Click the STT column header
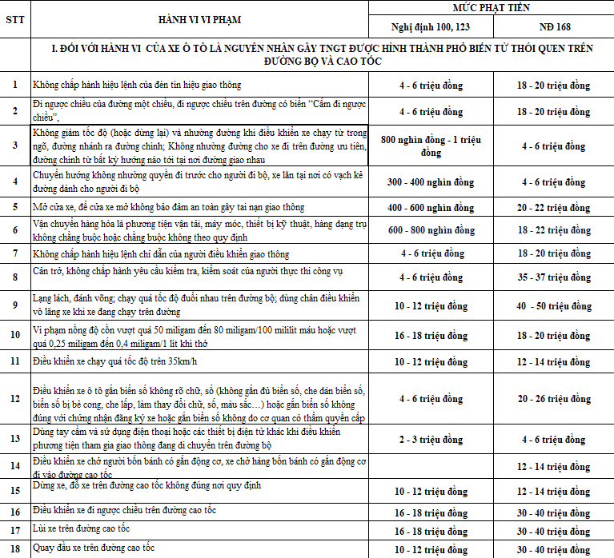(14, 20)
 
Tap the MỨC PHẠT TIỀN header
(491, 7)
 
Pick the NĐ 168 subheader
(553, 26)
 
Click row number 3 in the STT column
(14, 145)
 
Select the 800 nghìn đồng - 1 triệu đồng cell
(430, 145)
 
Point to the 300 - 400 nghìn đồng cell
(430, 181)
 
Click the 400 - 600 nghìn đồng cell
(430, 207)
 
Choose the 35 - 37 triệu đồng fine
(553, 277)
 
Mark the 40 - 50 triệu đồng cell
(553, 306)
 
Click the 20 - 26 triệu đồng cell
(553, 398)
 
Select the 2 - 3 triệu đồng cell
(430, 439)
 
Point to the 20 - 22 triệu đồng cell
(553, 207)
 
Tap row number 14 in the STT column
(14, 466)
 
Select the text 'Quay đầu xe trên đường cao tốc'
(94, 548)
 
